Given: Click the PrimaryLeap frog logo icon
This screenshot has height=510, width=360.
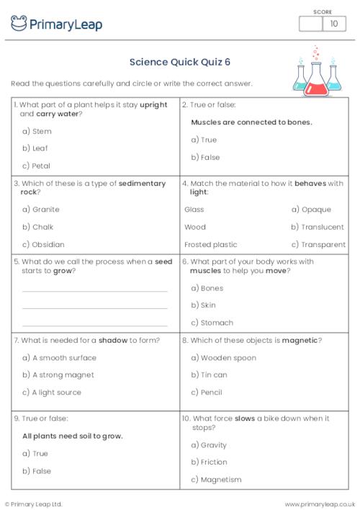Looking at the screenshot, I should (x=19, y=24).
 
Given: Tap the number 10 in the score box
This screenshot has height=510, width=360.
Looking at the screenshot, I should (x=333, y=24).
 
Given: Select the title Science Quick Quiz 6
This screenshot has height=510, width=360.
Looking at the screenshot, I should (x=179, y=62).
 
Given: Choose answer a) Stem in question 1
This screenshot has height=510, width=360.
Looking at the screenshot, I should (x=37, y=131).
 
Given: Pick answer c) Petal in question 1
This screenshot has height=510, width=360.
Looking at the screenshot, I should (x=36, y=166).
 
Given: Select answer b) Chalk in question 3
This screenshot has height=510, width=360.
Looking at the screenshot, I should (x=37, y=227).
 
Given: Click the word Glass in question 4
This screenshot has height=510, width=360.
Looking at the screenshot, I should (x=194, y=210).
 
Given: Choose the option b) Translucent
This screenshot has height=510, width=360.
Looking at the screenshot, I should (x=318, y=227).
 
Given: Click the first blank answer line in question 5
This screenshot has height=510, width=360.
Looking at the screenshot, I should (x=95, y=291).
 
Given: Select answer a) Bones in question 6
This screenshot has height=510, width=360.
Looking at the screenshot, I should (x=207, y=288).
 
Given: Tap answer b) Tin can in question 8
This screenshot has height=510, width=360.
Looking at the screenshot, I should (x=209, y=375).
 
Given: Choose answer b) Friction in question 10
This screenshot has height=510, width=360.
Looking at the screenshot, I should (x=209, y=462).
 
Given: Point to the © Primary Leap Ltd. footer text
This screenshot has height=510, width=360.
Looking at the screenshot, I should (x=35, y=504).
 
